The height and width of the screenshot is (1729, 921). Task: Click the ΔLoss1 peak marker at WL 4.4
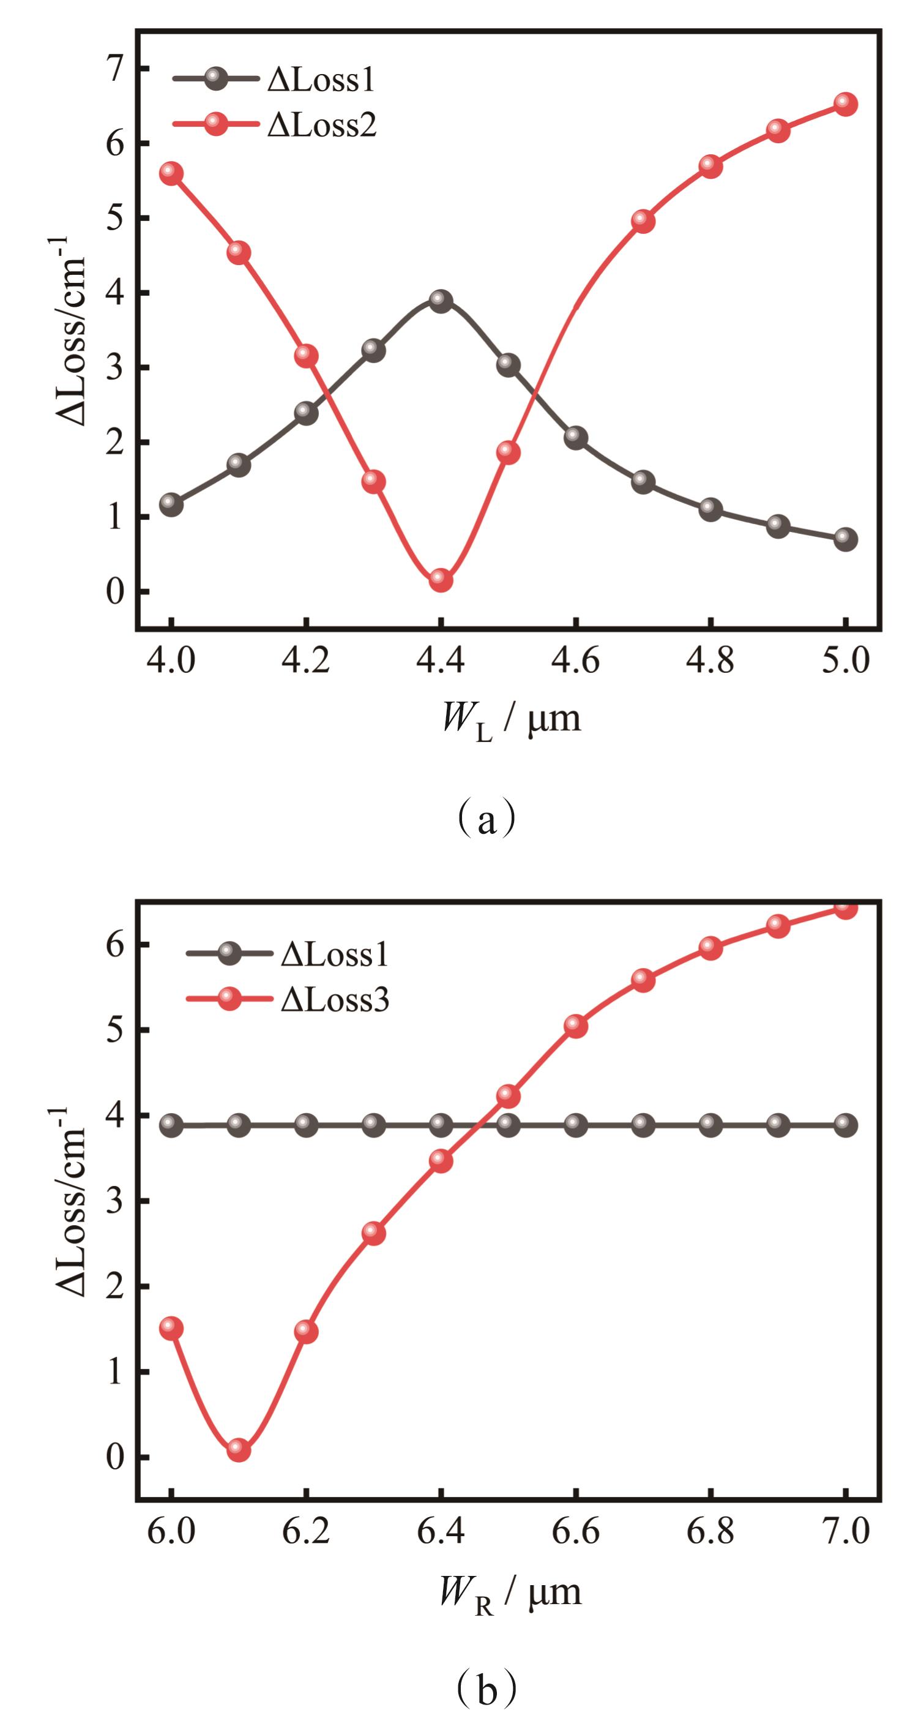coord(440,300)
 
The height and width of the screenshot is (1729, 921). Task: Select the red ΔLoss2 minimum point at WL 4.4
coord(440,579)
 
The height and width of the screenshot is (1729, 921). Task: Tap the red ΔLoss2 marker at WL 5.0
coord(845,104)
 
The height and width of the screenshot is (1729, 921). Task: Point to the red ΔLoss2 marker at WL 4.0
coord(171,173)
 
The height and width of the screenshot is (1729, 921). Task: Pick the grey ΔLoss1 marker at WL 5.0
coord(845,539)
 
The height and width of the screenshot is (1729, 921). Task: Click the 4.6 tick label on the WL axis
coord(575,661)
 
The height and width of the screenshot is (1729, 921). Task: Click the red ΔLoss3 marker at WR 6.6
coord(575,1026)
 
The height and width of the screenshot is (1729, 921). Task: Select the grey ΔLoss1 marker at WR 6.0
coord(171,1124)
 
